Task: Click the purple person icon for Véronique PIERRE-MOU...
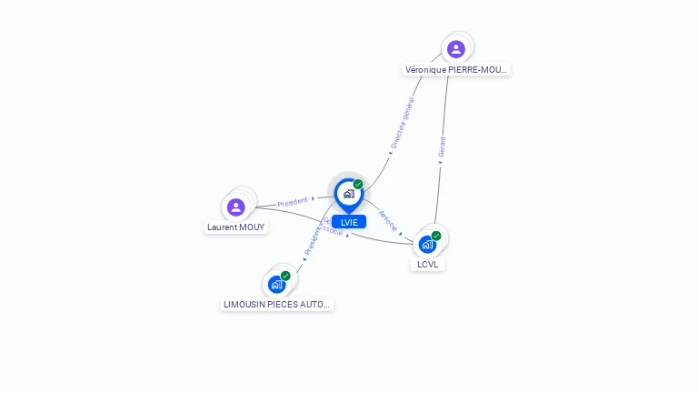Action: click(x=456, y=49)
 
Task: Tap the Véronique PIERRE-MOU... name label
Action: click(x=457, y=69)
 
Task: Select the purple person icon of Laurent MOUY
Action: click(x=236, y=207)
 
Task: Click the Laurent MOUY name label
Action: click(x=236, y=227)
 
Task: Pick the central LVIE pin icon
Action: click(x=348, y=194)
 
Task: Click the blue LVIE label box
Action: click(x=349, y=222)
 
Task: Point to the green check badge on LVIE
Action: click(x=358, y=184)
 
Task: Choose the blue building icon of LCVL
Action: click(x=427, y=245)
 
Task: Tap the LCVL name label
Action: click(x=427, y=265)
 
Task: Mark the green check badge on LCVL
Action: click(x=436, y=236)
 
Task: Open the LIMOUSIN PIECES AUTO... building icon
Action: click(x=276, y=285)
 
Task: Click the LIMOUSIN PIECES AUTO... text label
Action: click(x=277, y=304)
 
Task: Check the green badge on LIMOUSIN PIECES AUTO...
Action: click(x=285, y=276)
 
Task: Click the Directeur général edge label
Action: click(x=402, y=123)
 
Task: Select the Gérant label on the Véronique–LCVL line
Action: click(x=443, y=148)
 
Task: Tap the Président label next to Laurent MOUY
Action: click(x=293, y=201)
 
